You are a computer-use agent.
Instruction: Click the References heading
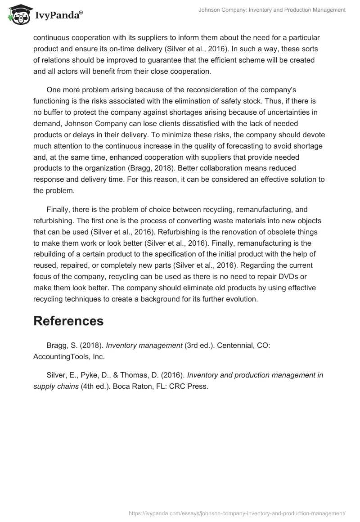(68, 321)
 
